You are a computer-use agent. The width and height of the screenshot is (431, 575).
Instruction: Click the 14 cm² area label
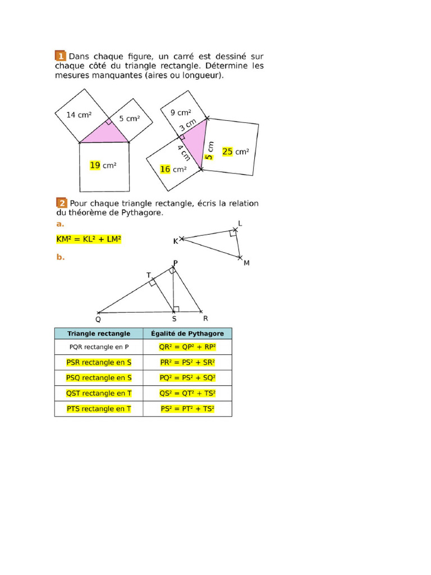pyautogui.click(x=79, y=115)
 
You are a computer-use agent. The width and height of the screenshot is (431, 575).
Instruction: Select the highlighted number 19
pyautogui.click(x=95, y=165)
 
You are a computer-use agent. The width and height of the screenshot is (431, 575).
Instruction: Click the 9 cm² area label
pyautogui.click(x=181, y=113)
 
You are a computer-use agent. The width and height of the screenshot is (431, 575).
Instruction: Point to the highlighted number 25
pyautogui.click(x=227, y=152)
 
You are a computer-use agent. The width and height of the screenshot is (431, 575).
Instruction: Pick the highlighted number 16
pyautogui.click(x=165, y=169)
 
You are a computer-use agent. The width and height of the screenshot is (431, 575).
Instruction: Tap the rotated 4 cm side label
pyautogui.click(x=182, y=152)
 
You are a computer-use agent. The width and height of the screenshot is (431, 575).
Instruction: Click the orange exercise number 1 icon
pyautogui.click(x=60, y=56)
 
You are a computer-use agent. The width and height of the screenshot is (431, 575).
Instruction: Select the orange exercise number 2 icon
pyautogui.click(x=61, y=203)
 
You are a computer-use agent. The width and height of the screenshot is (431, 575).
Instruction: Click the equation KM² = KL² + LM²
pyautogui.click(x=89, y=239)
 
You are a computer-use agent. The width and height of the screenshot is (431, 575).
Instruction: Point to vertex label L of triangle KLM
pyautogui.click(x=240, y=223)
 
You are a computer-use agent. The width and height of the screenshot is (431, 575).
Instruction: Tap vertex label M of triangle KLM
pyautogui.click(x=246, y=262)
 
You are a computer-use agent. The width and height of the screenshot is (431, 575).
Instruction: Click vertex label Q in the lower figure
pyautogui.click(x=98, y=320)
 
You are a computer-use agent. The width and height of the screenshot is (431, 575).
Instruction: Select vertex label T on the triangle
pyautogui.click(x=149, y=275)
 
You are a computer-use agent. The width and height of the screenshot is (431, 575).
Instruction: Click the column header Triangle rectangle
pyautogui.click(x=99, y=334)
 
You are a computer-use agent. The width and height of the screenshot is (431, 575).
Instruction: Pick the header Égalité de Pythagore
pyautogui.click(x=187, y=334)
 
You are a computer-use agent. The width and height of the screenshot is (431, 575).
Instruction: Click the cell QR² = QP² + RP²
pyautogui.click(x=187, y=348)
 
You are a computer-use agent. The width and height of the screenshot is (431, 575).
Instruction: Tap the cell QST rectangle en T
pyautogui.click(x=99, y=393)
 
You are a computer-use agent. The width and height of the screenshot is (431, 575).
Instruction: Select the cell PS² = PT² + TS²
pyautogui.click(x=187, y=409)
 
